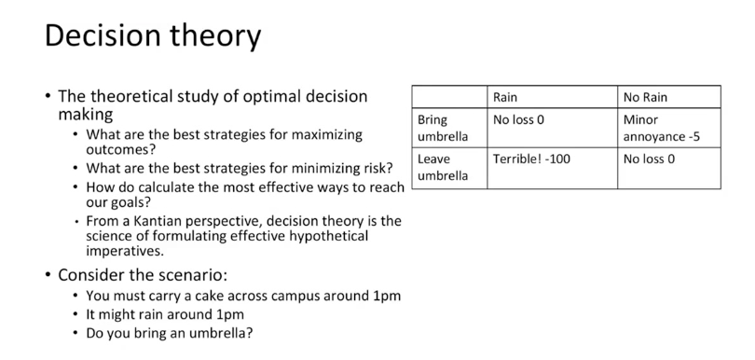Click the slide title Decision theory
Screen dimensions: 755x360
[153, 36]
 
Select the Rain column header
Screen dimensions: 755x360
[504, 97]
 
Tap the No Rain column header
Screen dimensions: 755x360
[645, 97]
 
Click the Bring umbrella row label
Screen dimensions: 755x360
[443, 128]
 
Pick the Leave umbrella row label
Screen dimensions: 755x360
[443, 167]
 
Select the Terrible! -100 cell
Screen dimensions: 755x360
[531, 159]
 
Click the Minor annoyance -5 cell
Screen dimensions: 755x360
[662, 128]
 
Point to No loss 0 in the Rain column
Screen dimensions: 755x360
[518, 119]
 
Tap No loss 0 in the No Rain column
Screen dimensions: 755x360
[649, 159]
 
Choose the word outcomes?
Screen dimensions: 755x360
[121, 149]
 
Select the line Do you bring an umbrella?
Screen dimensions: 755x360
[169, 333]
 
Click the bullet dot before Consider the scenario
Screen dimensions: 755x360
[48, 275]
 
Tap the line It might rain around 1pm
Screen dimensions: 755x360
[165, 314]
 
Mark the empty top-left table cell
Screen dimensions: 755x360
[449, 97]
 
